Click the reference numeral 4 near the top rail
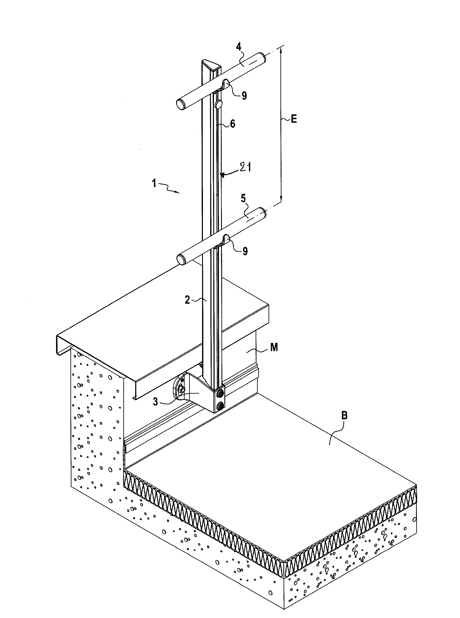click(x=239, y=47)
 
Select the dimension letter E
click(x=294, y=119)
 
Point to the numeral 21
click(x=246, y=167)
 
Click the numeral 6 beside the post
click(x=232, y=124)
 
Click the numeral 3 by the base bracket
click(x=155, y=402)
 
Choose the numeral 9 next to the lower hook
click(x=245, y=251)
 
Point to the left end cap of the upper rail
click(x=180, y=105)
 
